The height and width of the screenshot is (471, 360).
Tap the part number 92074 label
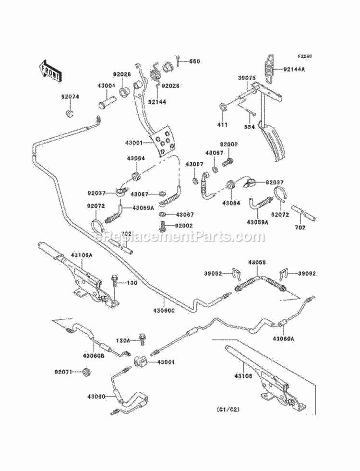(x=70, y=97)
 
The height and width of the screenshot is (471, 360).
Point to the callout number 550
(x=194, y=61)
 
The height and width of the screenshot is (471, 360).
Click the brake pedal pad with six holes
(x=163, y=141)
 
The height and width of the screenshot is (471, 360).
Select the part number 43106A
(x=81, y=254)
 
